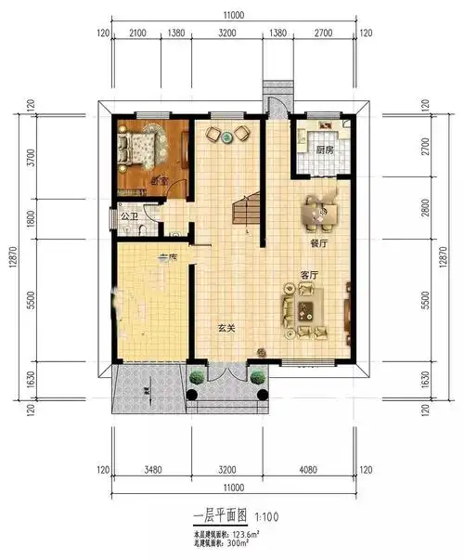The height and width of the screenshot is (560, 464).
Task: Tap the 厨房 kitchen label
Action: tap(324, 150)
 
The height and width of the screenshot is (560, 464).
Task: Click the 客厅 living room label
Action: tap(309, 276)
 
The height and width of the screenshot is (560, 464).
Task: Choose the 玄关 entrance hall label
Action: tap(226, 327)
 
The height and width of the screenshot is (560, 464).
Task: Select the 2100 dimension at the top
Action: tap(136, 34)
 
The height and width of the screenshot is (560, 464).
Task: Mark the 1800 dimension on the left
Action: tap(33, 217)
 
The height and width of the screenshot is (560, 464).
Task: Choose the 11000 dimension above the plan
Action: tap(232, 16)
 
